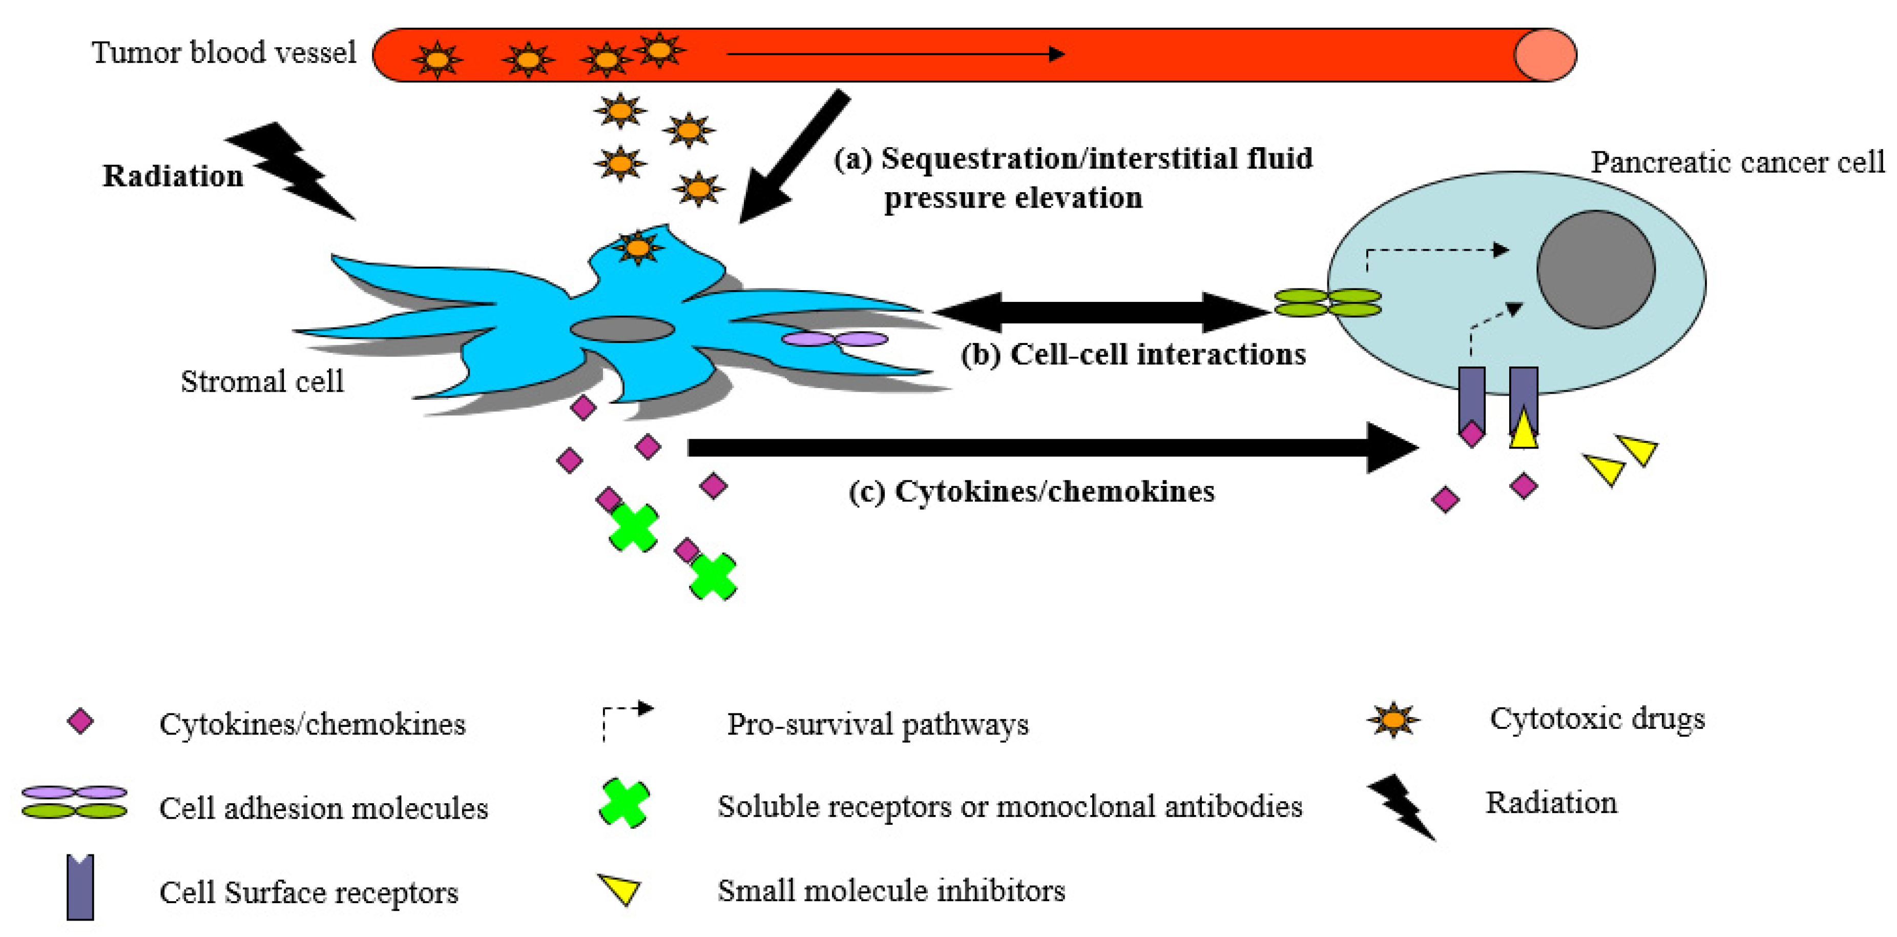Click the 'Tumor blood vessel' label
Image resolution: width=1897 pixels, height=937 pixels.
223,53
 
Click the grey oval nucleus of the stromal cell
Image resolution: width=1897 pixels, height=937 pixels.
622,329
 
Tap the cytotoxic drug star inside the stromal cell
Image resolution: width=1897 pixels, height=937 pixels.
638,248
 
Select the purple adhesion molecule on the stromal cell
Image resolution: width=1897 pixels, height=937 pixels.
835,339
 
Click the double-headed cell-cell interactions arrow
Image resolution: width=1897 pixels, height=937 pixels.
1101,312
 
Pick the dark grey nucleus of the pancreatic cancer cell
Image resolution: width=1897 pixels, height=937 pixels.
1596,270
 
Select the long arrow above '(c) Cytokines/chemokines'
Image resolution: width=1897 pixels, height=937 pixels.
1046,447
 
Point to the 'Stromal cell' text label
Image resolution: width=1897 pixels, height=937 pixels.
262,381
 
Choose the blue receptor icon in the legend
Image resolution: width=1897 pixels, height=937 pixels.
80,888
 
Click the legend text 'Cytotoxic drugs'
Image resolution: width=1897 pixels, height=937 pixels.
1596,718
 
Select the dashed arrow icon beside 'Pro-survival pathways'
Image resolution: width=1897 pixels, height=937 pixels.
626,720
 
